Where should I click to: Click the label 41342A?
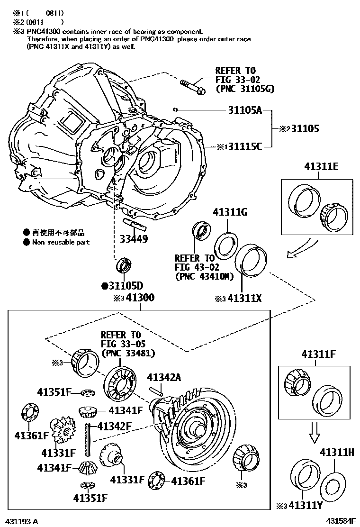tap(164, 377)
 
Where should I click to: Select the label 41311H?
tap(337, 452)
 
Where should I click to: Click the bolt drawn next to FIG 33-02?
tap(192, 87)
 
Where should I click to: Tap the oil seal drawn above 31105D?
tap(124, 265)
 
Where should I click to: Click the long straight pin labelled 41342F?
tap(88, 441)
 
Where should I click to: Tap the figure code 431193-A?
tap(22, 520)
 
